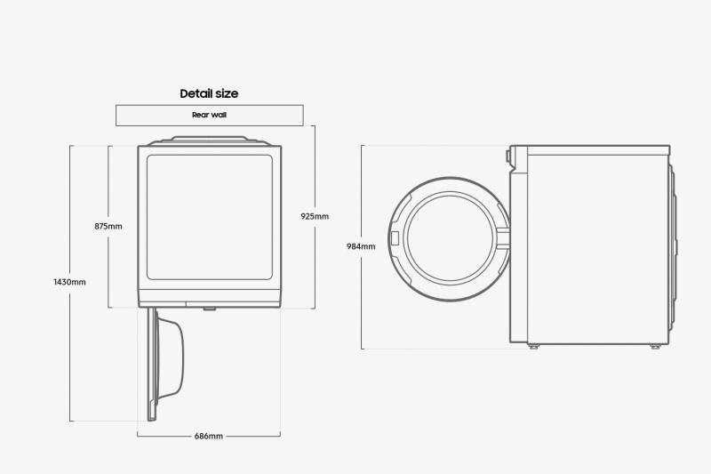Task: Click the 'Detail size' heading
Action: (x=209, y=93)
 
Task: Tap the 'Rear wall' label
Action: (x=209, y=115)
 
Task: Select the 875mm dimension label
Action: (x=108, y=226)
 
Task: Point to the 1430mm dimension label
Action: (x=70, y=282)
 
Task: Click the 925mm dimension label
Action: (x=315, y=216)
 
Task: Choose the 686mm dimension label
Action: (x=209, y=436)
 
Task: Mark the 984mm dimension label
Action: (x=361, y=246)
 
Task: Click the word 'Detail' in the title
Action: (x=196, y=93)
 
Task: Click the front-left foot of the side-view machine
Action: (x=533, y=346)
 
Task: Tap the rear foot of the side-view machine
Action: (x=655, y=346)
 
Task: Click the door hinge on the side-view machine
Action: (x=505, y=236)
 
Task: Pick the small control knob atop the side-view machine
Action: (x=508, y=157)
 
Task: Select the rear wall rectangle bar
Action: (x=209, y=115)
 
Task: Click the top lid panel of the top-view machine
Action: (x=210, y=140)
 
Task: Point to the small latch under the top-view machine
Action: (x=210, y=309)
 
